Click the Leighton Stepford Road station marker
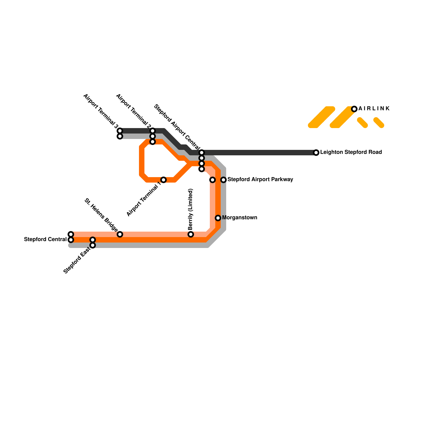(x=316, y=153)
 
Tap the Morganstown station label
(x=240, y=218)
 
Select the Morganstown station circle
(x=218, y=218)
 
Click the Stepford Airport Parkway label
(x=260, y=180)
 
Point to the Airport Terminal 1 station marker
(x=163, y=180)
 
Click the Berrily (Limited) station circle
(x=191, y=234)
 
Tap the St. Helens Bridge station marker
(x=120, y=234)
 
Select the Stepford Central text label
(x=45, y=240)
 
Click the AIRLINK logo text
(x=374, y=109)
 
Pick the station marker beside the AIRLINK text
(x=354, y=109)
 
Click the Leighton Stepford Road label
(x=351, y=152)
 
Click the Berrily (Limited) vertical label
(x=190, y=209)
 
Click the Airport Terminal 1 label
(x=144, y=200)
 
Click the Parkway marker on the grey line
(x=223, y=180)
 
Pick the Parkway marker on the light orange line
(x=213, y=180)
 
